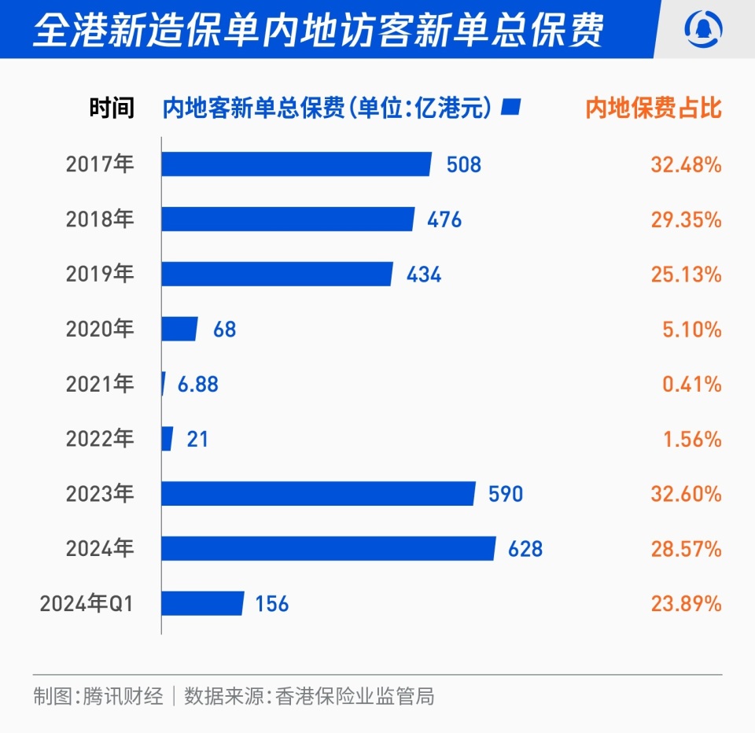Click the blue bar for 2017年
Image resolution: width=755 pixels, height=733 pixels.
pyautogui.click(x=296, y=164)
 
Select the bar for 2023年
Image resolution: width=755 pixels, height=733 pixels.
pyautogui.click(x=318, y=494)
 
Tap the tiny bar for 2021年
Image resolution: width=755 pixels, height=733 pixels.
pyautogui.click(x=163, y=384)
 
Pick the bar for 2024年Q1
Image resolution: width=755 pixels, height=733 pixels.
pyautogui.click(x=202, y=603)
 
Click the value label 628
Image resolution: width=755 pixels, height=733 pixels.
pyautogui.click(x=525, y=549)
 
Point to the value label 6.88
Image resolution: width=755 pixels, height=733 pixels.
pyautogui.click(x=197, y=384)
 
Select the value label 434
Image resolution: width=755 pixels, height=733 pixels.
pyautogui.click(x=424, y=274)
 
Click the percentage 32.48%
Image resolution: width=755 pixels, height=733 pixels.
pyautogui.click(x=686, y=164)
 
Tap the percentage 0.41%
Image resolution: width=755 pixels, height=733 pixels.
pyautogui.click(x=691, y=384)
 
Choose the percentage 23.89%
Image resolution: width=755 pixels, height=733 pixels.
pyautogui.click(x=686, y=603)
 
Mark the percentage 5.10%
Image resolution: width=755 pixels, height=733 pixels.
pyautogui.click(x=691, y=329)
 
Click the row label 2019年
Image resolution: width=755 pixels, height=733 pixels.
pyautogui.click(x=100, y=274)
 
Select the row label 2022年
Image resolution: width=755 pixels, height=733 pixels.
pyautogui.click(x=100, y=439)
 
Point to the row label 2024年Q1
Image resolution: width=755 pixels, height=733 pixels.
pyautogui.click(x=87, y=603)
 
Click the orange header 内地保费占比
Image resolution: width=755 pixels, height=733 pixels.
pyautogui.click(x=654, y=108)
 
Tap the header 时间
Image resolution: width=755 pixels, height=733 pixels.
pyautogui.click(x=112, y=108)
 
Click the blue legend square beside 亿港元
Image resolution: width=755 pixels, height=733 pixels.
pyautogui.click(x=512, y=107)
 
